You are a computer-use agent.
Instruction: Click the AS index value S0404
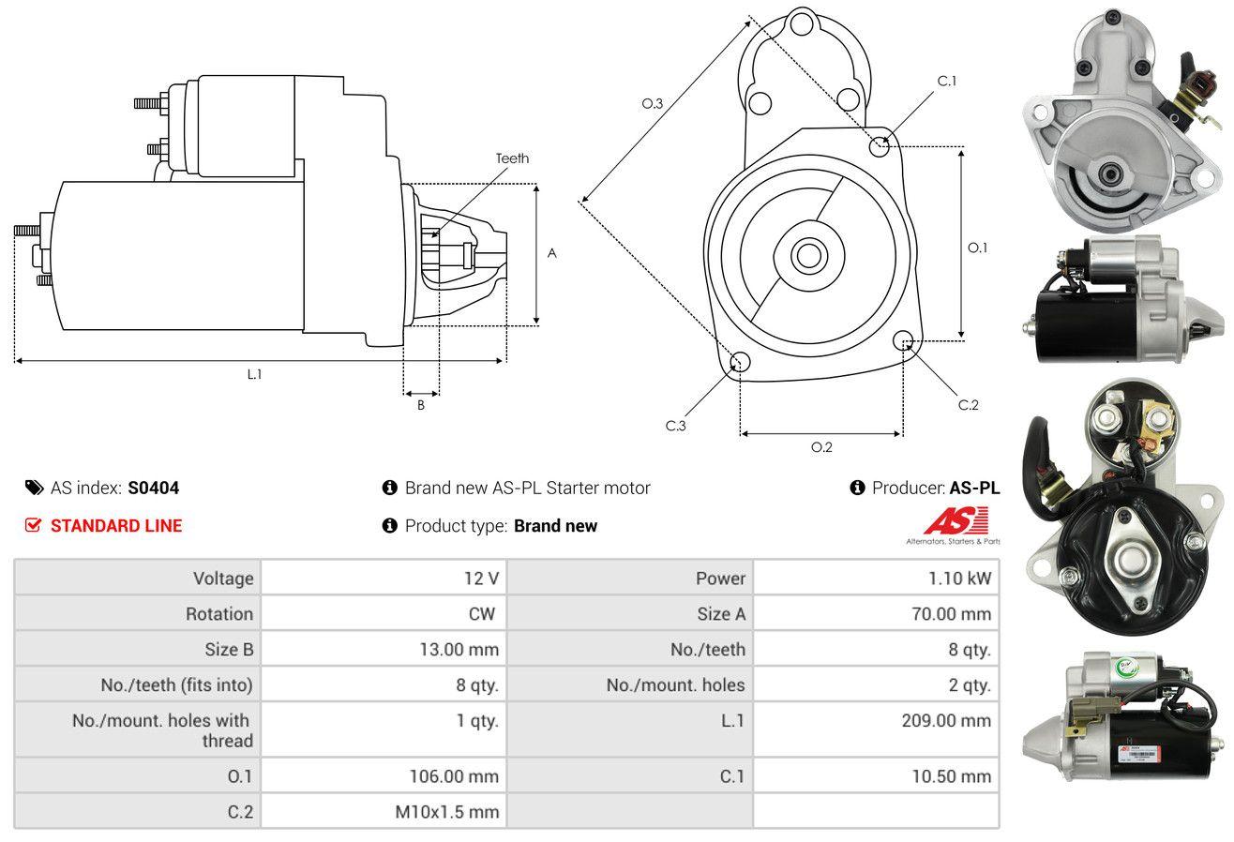[x=153, y=488]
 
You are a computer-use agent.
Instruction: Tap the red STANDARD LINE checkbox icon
[x=33, y=525]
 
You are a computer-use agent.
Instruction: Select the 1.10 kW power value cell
[x=876, y=578]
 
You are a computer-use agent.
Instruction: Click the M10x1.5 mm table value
[x=446, y=812]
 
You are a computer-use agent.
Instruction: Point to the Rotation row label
[x=219, y=613]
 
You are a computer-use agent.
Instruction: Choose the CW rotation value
[x=481, y=613]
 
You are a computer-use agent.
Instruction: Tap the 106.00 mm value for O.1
[x=454, y=776]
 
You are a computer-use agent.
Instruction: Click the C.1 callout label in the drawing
[x=947, y=81]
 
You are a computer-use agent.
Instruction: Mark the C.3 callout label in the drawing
[x=675, y=426]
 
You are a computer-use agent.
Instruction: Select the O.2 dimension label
[x=821, y=447]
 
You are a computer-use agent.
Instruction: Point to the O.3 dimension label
[x=653, y=103]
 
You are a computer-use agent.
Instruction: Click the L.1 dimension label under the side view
[x=254, y=374]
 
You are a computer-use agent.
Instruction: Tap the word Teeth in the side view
[x=512, y=158]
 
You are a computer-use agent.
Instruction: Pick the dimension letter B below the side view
[x=421, y=405]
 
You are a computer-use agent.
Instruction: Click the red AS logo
[x=956, y=520]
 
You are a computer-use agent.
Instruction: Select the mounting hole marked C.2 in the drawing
[x=903, y=340]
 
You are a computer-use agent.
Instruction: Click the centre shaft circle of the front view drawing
[x=808, y=256]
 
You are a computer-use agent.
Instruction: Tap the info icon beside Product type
[x=389, y=525]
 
